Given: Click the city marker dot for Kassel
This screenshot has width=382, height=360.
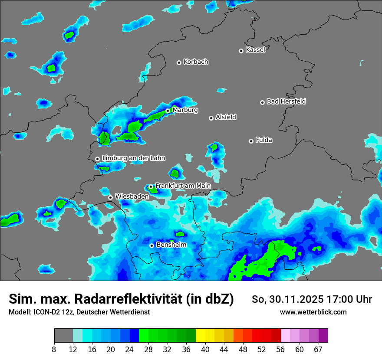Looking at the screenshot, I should [241, 51].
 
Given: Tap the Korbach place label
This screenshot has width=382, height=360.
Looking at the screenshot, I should [196, 62].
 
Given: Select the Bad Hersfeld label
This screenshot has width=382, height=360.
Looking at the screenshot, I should [286, 101].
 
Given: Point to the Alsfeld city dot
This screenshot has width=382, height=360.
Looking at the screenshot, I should [211, 118].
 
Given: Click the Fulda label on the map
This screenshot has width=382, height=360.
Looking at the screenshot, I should [264, 140].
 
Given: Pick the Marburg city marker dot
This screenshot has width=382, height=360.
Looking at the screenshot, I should [168, 111].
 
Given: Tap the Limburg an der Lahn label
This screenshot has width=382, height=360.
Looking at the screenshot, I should [134, 158].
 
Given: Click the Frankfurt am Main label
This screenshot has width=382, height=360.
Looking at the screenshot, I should [183, 186].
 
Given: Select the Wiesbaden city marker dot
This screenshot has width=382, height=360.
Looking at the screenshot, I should [110, 197].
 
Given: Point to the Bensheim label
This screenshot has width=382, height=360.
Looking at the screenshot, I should [171, 245].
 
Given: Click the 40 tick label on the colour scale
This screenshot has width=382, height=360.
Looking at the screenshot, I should [205, 349].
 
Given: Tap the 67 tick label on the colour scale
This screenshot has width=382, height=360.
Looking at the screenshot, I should [318, 349].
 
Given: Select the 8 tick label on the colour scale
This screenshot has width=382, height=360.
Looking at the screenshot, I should [54, 349].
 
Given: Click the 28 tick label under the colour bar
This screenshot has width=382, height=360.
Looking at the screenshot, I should [148, 349].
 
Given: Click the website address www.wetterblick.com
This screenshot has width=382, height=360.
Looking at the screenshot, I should [313, 312].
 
